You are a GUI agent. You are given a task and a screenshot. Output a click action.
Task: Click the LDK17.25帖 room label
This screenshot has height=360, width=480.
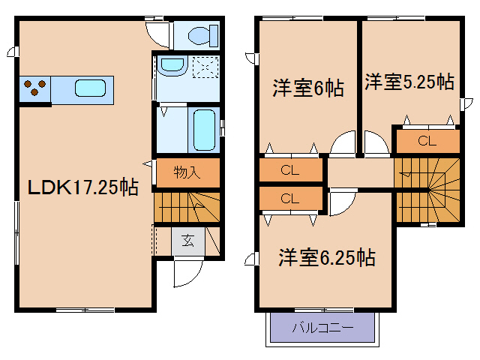[x=82, y=187]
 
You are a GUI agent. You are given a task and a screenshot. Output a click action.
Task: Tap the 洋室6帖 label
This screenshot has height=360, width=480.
[x=307, y=88]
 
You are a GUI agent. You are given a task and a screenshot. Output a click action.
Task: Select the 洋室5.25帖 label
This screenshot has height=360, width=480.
[x=409, y=82]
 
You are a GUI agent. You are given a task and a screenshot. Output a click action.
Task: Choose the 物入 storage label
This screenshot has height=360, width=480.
[x=187, y=172]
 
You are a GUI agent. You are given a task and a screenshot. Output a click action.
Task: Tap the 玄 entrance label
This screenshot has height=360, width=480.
[x=187, y=241]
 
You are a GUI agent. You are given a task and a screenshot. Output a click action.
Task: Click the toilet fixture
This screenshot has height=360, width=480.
[x=200, y=34]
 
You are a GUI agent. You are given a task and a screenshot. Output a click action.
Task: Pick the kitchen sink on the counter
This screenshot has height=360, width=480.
[x=90, y=88]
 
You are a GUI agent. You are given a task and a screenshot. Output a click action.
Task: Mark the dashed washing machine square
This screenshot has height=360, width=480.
[x=204, y=67]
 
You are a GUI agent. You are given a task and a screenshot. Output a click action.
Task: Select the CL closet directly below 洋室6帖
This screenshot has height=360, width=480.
[x=289, y=170]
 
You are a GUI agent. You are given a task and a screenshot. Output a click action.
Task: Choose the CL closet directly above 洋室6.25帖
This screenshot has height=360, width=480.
[x=289, y=199]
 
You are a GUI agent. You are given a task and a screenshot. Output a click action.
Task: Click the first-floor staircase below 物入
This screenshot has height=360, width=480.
[x=187, y=206]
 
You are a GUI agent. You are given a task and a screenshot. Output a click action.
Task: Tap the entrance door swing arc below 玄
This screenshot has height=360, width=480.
[x=187, y=274]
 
